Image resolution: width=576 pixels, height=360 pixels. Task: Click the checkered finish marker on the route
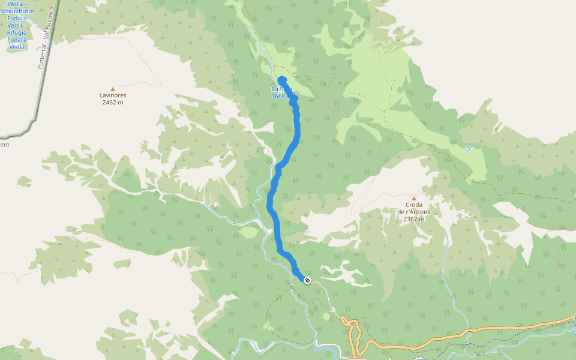coord(307,280)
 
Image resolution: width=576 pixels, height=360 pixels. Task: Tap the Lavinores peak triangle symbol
coord(112,89)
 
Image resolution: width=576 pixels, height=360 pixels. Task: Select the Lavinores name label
coord(112,95)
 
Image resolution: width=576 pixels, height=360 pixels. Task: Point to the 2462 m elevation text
coord(112,103)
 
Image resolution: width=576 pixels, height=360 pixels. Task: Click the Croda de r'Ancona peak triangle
coord(413,198)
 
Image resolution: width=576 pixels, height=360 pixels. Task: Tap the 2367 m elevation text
coord(413,219)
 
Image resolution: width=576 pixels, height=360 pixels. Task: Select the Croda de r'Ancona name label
coord(413,208)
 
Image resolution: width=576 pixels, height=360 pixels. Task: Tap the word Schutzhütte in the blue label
coord(17,11)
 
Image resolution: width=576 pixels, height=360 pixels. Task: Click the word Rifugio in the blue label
coord(17,32)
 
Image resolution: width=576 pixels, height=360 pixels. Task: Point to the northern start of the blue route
coord(281,80)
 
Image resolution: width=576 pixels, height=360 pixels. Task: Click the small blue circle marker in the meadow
coord(467,149)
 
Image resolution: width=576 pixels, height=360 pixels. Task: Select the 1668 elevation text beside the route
coord(278,96)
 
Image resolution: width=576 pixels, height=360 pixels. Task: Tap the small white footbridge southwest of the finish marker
coord(292,287)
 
